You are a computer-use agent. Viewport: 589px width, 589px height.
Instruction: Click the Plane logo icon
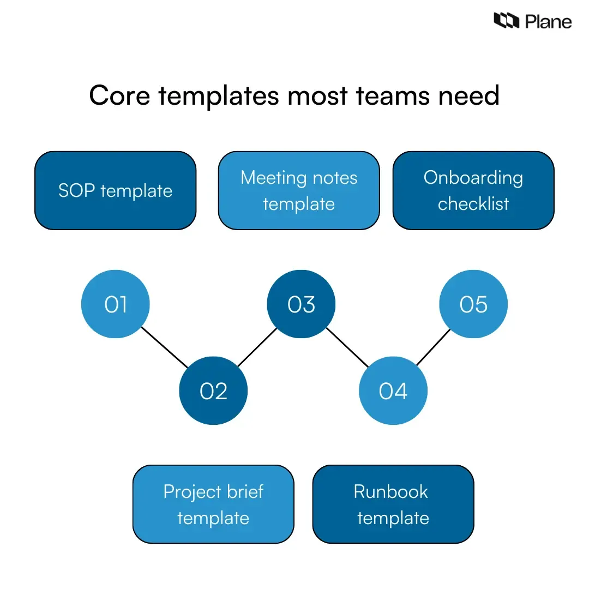coord(506,21)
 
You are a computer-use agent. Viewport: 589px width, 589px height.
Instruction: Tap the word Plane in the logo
coord(548,22)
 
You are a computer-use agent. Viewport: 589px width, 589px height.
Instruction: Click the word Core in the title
coord(119,96)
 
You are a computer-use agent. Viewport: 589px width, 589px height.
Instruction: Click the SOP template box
coord(115,191)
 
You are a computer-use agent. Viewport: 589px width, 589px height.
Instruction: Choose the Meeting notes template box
coord(299,191)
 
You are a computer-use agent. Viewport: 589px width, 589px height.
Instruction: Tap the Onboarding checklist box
coord(473,191)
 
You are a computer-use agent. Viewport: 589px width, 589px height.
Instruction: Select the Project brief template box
coord(213,504)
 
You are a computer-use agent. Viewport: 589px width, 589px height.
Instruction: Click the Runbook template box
coord(393,504)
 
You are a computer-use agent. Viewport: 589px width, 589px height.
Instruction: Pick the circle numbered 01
coord(115,304)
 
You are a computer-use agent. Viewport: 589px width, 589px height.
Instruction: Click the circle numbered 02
coord(213,390)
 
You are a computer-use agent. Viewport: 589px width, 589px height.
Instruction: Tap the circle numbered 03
coord(301,304)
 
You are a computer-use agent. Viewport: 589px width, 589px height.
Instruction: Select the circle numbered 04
coord(393,390)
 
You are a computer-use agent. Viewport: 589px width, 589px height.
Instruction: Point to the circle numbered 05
coord(473,304)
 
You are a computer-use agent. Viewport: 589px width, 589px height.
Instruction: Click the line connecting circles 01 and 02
coord(164,347)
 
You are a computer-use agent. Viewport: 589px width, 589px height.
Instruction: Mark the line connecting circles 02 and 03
coord(257,347)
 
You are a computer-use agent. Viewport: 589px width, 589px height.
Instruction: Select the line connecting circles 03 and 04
coord(347,347)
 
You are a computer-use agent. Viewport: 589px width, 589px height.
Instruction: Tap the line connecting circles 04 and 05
coord(434,347)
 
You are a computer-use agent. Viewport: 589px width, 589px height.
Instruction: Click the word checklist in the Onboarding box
coord(473,204)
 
